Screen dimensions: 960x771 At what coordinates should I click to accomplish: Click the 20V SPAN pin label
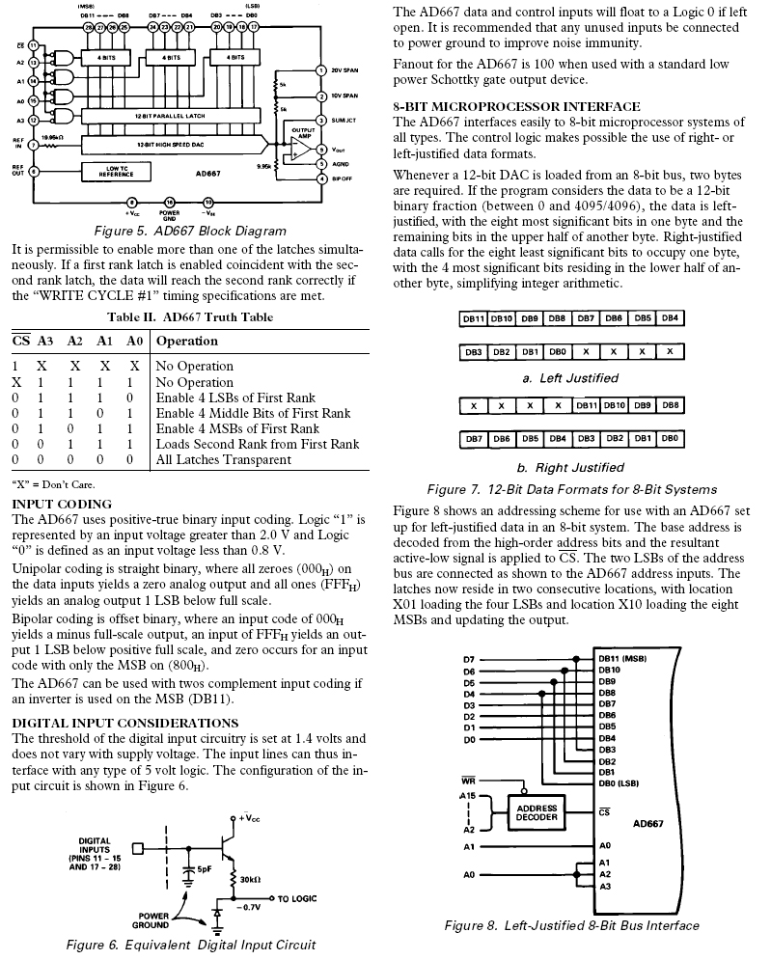coord(344,70)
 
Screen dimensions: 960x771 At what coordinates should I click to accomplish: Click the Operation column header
coord(187,341)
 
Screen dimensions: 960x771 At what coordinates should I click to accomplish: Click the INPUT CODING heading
coord(62,505)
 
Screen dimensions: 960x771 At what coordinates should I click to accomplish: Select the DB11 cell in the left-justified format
coord(474,318)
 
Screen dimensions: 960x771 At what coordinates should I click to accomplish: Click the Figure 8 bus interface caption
coord(571,925)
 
